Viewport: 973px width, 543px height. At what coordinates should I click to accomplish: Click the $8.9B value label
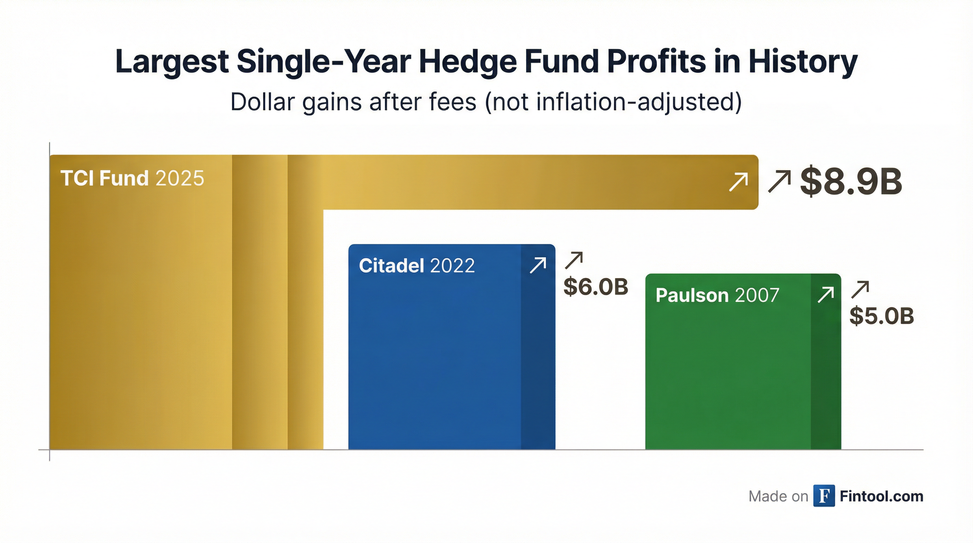click(x=851, y=182)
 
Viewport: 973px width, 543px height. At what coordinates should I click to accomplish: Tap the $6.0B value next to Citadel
click(x=596, y=287)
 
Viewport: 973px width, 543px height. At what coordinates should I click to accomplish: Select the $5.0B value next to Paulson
click(x=881, y=316)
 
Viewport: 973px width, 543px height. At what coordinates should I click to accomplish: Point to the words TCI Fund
click(x=104, y=178)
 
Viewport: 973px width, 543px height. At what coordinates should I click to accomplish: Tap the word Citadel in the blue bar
click(x=391, y=266)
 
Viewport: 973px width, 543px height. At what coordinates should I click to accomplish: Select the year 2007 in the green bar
click(x=757, y=295)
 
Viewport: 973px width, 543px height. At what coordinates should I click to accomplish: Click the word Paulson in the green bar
click(x=692, y=295)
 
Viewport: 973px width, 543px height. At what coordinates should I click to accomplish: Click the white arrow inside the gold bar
click(x=738, y=182)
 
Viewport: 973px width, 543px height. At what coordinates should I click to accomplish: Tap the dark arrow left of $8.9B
click(x=780, y=182)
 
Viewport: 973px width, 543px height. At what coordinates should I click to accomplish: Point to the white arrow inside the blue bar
click(x=538, y=265)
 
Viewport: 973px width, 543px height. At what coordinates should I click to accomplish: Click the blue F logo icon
click(x=824, y=496)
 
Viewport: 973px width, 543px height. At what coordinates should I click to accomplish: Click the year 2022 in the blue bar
click(x=452, y=266)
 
